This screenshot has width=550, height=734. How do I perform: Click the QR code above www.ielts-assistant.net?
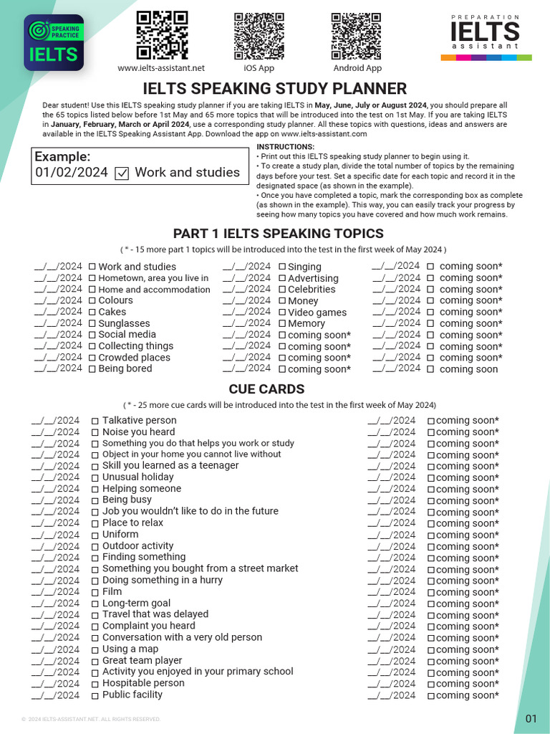[x=161, y=34]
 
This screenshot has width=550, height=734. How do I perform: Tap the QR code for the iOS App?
[x=259, y=34]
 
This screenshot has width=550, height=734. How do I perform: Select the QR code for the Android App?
[x=357, y=34]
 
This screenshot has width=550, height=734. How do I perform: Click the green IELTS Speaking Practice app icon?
[x=54, y=42]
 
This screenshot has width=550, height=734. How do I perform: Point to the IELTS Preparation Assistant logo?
[x=485, y=37]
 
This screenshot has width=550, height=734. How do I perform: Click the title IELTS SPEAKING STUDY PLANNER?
[x=275, y=89]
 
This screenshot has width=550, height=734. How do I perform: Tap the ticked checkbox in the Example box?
[x=122, y=173]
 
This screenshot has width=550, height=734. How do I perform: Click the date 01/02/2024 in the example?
[x=72, y=173]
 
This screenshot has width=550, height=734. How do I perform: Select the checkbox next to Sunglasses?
[x=92, y=324]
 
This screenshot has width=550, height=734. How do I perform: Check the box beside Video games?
[x=282, y=313]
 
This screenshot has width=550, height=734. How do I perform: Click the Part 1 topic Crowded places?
[x=134, y=358]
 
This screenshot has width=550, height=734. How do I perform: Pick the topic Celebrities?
[x=312, y=290]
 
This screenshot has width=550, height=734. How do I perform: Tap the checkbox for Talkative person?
[x=95, y=421]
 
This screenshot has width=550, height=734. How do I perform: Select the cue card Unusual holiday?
[x=137, y=477]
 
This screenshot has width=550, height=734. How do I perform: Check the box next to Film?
[x=95, y=592]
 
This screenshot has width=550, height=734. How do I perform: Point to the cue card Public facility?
[x=132, y=695]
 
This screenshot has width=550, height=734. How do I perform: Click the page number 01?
[x=531, y=718]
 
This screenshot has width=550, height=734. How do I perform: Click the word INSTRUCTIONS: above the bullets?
[x=285, y=147]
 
